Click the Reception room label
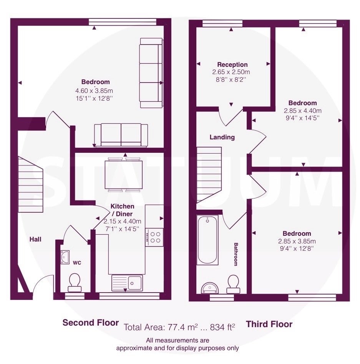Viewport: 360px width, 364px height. coord(232,65)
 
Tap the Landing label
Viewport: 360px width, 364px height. coord(222,137)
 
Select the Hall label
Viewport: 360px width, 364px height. coord(35,239)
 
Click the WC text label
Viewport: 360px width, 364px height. coord(77,263)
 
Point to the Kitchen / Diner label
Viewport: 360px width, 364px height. coord(123,210)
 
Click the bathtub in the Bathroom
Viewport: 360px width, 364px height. coord(207,240)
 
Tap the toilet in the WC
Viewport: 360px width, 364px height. coord(75,282)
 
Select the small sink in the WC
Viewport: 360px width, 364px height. coord(65,257)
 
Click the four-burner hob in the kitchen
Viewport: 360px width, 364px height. coord(154,237)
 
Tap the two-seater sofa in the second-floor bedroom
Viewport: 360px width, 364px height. coord(121,135)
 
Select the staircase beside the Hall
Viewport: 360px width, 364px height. coord(30,184)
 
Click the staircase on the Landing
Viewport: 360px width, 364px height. coord(209,175)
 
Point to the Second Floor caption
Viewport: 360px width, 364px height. coord(91,323)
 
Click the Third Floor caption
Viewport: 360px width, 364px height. coord(269,324)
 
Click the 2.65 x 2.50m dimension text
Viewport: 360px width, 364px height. coord(231,72)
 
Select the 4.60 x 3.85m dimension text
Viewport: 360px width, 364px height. coord(94,91)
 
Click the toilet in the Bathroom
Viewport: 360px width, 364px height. coord(233,284)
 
